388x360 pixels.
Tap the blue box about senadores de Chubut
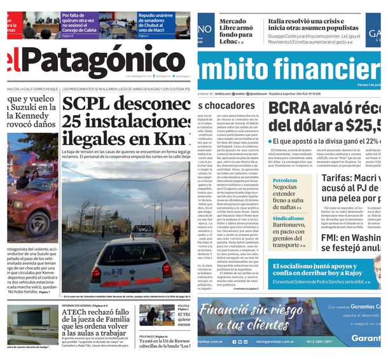click(162, 24)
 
